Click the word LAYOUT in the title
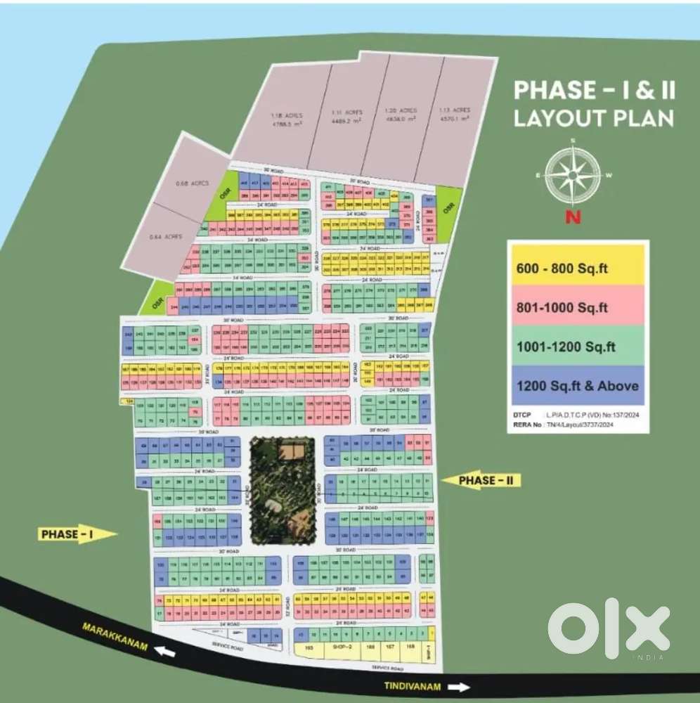pyautogui.click(x=552, y=118)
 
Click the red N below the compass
pyautogui.click(x=573, y=217)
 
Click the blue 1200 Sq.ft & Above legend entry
pyautogui.click(x=578, y=385)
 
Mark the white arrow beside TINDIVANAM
pyautogui.click(x=458, y=687)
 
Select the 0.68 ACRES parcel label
pyautogui.click(x=188, y=184)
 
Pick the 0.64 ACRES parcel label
pyautogui.click(x=167, y=236)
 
